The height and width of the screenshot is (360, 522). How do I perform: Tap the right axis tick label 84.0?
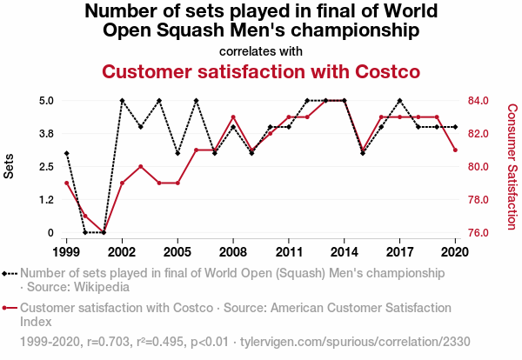(x=481, y=100)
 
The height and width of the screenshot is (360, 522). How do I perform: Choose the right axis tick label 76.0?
(x=481, y=232)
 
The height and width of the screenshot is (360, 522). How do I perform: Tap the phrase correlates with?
(x=261, y=51)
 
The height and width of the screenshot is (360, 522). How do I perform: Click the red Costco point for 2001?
(x=104, y=232)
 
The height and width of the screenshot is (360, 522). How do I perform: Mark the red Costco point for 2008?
(x=233, y=117)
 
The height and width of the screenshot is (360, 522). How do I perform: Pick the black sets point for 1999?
(x=66, y=154)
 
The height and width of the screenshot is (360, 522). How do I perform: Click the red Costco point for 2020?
(x=455, y=150)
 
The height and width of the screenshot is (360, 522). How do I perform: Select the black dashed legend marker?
(x=10, y=273)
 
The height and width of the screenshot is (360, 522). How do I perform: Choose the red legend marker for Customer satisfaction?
(x=10, y=308)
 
